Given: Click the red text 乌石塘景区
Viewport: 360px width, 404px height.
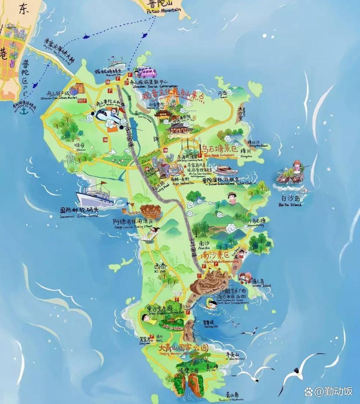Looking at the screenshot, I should tap(218, 148).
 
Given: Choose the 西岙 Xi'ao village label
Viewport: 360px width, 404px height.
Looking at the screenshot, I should tap(160, 267).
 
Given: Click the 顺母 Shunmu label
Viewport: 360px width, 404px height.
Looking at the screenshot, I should tap(79, 145).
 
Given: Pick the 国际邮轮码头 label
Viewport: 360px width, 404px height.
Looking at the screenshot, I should tap(79, 210).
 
